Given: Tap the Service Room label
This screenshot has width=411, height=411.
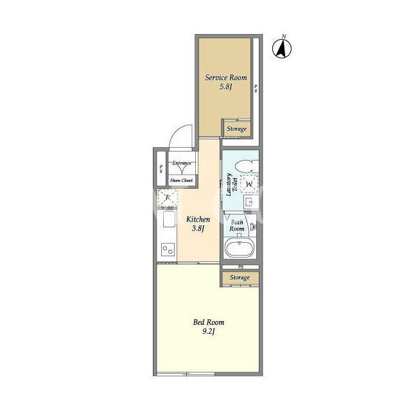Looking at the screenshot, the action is pyautogui.click(x=225, y=78).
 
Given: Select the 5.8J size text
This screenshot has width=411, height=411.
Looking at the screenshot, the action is pyautogui.click(x=226, y=87).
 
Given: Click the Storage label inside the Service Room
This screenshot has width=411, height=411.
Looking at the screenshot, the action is pyautogui.click(x=237, y=129).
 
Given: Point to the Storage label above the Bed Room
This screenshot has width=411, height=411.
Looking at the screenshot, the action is pyautogui.click(x=240, y=277).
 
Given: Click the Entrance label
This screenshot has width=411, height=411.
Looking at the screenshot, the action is pyautogui.click(x=182, y=163).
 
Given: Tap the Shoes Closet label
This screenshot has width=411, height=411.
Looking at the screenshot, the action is pyautogui.click(x=181, y=180).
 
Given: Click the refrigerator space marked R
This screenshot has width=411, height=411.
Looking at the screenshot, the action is pyautogui.click(x=167, y=197).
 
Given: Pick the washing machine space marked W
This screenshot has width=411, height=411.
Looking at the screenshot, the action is pyautogui.click(x=249, y=184).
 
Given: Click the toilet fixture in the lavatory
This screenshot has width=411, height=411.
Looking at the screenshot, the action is pyautogui.click(x=247, y=166).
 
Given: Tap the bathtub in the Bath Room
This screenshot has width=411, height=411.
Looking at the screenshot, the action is pyautogui.click(x=240, y=248).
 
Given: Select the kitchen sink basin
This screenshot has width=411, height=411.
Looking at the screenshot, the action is pyautogui.click(x=169, y=219).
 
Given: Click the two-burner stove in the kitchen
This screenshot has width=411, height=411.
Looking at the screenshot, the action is pyautogui.click(x=168, y=249).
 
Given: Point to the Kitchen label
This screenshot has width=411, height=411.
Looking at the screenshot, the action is pyautogui.click(x=198, y=219).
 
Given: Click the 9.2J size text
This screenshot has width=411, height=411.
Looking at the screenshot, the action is pyautogui.click(x=209, y=331).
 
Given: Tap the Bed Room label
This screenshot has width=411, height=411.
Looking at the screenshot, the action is pyautogui.click(x=209, y=322).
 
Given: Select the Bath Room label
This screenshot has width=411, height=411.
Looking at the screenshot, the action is pyautogui.click(x=237, y=225).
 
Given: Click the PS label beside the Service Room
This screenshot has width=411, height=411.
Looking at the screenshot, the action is pyautogui.click(x=256, y=89).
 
